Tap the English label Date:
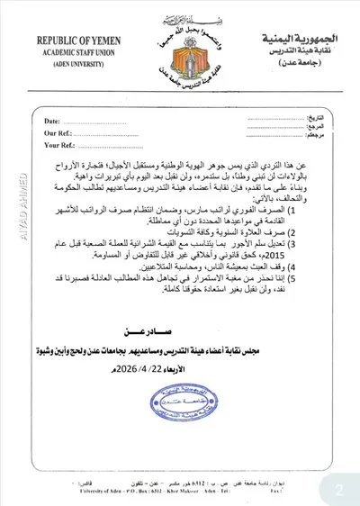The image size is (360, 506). (x=52, y=121)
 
